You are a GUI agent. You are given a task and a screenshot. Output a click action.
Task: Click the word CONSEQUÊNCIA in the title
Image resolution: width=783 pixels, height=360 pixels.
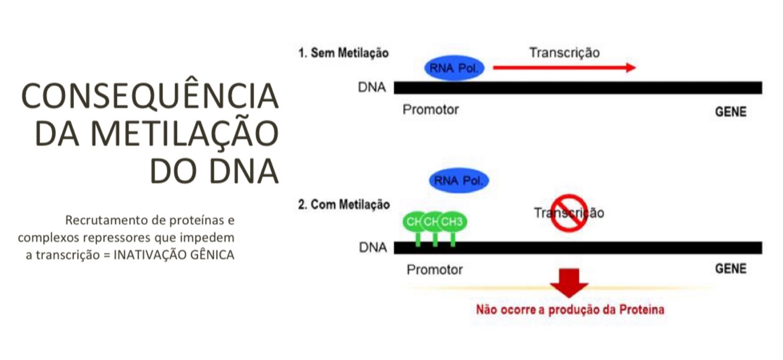150,96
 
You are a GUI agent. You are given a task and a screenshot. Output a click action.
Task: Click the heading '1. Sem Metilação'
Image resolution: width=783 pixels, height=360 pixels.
343,53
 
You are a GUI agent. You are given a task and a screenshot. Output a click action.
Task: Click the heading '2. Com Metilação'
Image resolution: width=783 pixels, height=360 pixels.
344,205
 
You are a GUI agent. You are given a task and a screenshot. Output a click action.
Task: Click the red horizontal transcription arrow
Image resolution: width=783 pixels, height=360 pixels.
564,68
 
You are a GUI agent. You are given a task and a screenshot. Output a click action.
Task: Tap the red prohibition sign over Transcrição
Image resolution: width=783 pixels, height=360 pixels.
568,213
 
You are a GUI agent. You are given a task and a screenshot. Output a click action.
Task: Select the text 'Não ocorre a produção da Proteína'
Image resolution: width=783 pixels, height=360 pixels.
569,309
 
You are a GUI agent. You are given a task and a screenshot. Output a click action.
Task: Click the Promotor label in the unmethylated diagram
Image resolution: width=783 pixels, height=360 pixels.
430,110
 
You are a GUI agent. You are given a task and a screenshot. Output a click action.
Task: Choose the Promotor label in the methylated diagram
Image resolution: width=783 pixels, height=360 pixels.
434,270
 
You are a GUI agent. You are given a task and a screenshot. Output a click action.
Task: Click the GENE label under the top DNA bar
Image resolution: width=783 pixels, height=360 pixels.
730,112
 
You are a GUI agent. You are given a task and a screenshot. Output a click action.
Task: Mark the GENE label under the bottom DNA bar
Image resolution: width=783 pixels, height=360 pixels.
730,269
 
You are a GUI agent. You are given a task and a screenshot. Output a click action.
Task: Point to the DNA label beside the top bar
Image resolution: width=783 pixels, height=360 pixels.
372,88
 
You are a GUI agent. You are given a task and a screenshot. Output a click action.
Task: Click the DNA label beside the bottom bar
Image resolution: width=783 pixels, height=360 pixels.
373,248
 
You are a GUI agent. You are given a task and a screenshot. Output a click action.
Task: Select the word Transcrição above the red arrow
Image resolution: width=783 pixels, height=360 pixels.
564,52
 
